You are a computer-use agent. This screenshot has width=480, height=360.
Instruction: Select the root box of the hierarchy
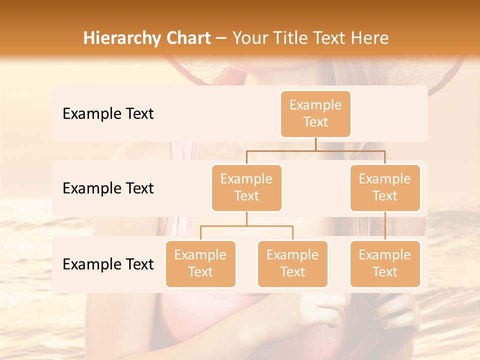pyautogui.click(x=315, y=113)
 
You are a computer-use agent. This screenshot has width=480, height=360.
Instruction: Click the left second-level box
pyautogui.click(x=246, y=187)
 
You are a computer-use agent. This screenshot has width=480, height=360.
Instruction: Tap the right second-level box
pyautogui.click(x=385, y=187)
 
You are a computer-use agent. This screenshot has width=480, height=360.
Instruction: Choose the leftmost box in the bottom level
pyautogui.click(x=200, y=263)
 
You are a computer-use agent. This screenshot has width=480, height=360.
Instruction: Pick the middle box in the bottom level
pyautogui.click(x=292, y=263)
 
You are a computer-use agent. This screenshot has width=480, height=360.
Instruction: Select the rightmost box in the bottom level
pyautogui.click(x=385, y=263)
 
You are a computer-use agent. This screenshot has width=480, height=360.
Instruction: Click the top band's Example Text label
pyautogui.click(x=108, y=114)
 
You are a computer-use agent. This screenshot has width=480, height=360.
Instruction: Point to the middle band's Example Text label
pyautogui.click(x=108, y=188)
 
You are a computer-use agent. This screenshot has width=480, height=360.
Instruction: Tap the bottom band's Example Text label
pyautogui.click(x=108, y=264)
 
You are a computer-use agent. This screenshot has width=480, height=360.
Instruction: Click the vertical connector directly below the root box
pyautogui.click(x=315, y=144)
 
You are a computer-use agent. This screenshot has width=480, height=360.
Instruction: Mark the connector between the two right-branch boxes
pyautogui.click(x=385, y=226)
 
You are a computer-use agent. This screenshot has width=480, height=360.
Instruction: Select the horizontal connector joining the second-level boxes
pyautogui.click(x=315, y=150)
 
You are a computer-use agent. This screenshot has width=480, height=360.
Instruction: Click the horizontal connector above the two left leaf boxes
pyautogui.click(x=246, y=226)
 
